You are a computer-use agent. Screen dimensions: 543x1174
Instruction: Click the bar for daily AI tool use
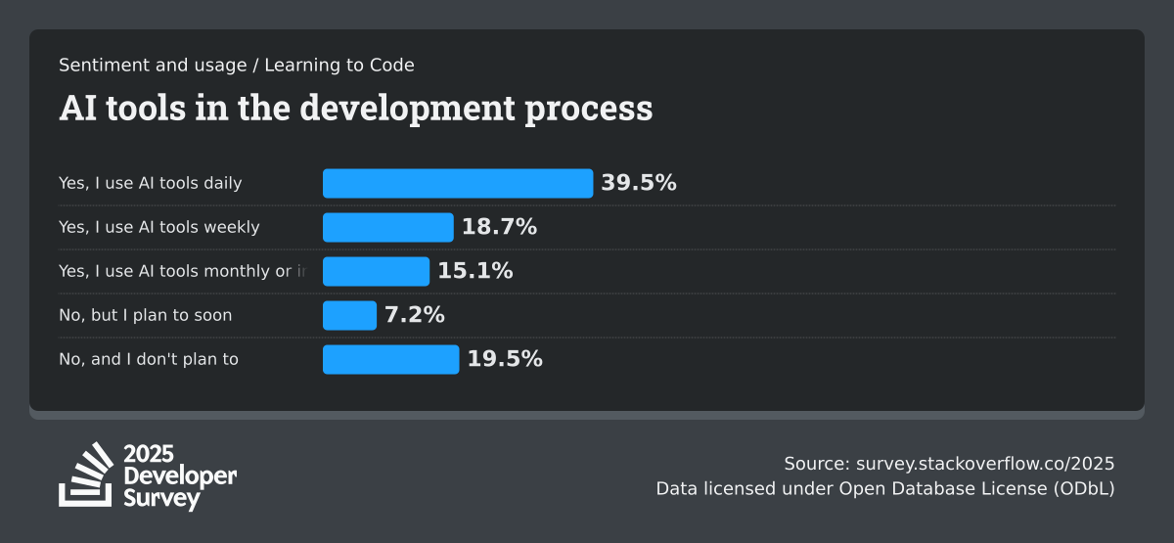(458, 183)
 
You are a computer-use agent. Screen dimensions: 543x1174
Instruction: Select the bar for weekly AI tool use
(388, 227)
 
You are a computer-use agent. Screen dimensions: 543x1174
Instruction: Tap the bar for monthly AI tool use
(376, 271)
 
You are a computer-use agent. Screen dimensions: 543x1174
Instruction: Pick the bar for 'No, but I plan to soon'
(349, 315)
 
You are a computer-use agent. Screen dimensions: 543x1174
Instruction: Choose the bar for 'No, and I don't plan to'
(390, 359)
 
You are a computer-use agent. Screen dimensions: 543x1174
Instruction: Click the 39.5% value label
(639, 183)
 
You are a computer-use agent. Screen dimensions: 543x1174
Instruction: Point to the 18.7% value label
(499, 227)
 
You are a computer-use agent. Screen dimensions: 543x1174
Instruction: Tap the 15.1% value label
(475, 271)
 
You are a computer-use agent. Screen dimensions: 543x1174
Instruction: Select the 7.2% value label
(414, 315)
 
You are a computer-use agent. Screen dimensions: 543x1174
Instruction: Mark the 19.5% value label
(505, 359)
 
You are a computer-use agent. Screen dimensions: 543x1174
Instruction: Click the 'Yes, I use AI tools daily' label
(151, 183)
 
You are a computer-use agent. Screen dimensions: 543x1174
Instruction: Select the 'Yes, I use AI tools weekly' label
(159, 227)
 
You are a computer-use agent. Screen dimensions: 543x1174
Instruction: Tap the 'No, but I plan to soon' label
(146, 315)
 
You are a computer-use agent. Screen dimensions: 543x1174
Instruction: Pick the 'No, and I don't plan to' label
(149, 359)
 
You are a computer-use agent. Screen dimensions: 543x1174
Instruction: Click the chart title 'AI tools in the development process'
(356, 108)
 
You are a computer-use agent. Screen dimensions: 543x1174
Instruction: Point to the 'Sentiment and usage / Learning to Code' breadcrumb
(237, 66)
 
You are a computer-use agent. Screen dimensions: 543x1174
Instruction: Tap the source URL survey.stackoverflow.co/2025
(985, 463)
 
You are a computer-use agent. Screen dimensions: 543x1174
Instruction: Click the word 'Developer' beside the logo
(180, 475)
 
